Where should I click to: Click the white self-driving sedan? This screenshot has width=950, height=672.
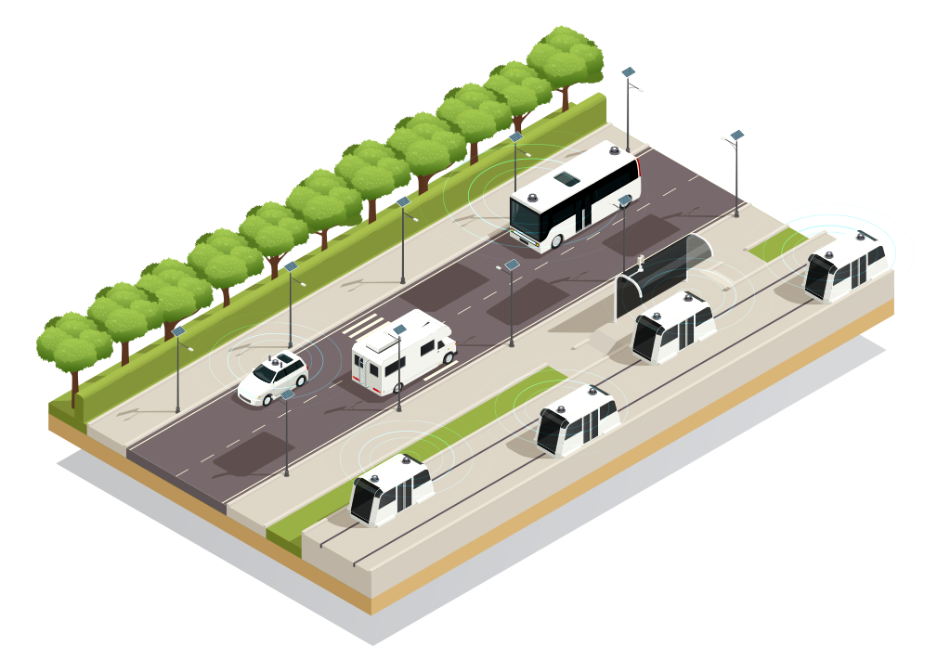(x=272, y=379)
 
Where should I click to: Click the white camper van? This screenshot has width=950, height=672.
(x=403, y=352)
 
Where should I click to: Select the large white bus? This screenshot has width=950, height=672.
(x=576, y=199)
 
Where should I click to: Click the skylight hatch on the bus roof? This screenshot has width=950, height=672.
(x=566, y=179)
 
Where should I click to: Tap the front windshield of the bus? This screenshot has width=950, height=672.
(x=525, y=220)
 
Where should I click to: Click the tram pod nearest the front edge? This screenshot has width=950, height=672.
(x=391, y=489)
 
